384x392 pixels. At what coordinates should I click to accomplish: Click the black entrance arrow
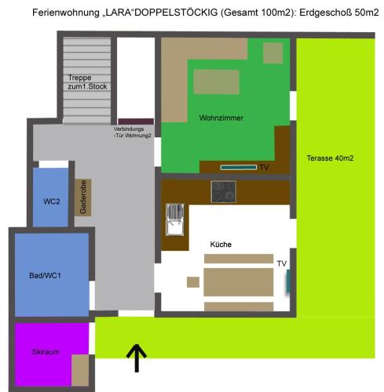tap(137, 358)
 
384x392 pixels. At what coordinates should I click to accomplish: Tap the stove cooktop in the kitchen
tap(224, 192)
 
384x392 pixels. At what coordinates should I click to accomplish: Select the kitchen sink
tap(174, 220)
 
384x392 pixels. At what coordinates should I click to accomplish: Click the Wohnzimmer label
tap(221, 118)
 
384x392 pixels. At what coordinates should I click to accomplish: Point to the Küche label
tap(221, 245)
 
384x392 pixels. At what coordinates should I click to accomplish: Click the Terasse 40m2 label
tap(330, 158)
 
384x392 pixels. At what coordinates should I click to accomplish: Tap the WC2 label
tap(52, 201)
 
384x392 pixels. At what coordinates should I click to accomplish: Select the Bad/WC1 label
tap(45, 275)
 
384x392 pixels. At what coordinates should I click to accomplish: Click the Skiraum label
tap(46, 352)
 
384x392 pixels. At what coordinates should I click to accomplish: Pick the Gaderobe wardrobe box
tap(83, 198)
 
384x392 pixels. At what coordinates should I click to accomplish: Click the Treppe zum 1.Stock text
tap(87, 82)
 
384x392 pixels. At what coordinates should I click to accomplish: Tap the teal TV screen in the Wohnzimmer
tap(239, 167)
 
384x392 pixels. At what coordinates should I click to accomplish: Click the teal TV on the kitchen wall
tap(288, 281)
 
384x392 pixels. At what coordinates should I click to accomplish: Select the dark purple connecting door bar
tap(136, 122)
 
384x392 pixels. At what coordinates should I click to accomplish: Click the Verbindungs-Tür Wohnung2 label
tap(132, 132)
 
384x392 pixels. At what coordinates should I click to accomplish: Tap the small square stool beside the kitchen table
tap(193, 282)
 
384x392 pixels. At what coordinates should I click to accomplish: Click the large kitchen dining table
tap(239, 282)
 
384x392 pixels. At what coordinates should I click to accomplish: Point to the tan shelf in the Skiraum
tap(80, 370)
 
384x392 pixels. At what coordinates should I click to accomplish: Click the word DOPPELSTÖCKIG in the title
tap(176, 13)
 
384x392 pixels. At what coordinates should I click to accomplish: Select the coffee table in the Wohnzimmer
tap(216, 82)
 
